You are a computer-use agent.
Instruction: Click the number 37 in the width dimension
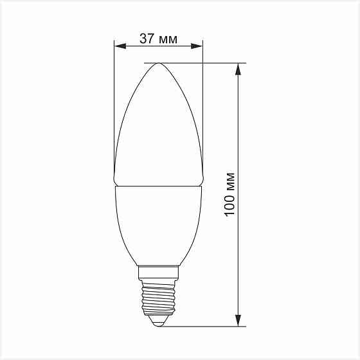click(x=147, y=39)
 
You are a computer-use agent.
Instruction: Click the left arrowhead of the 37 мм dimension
click(x=119, y=46)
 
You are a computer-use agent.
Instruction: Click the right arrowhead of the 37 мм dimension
click(x=197, y=46)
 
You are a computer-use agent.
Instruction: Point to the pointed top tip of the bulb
click(x=158, y=64)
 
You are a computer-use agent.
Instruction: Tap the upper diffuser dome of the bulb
click(x=158, y=129)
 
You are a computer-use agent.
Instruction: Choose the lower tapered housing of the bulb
click(x=158, y=225)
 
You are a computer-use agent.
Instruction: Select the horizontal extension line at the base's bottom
click(x=206, y=326)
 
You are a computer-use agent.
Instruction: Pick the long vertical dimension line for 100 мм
click(x=239, y=129)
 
